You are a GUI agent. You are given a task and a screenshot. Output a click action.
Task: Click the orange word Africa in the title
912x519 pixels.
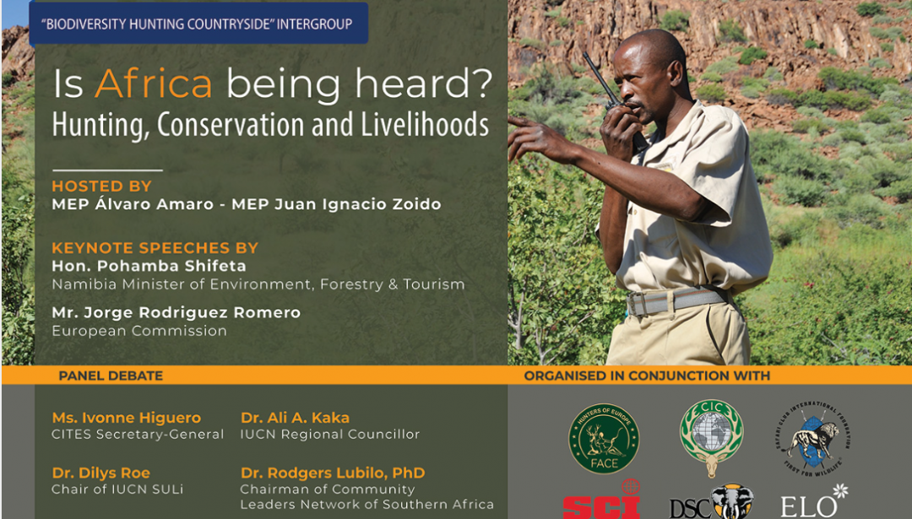(x=154, y=84)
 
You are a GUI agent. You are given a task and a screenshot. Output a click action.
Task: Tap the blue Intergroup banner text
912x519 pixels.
(x=197, y=24)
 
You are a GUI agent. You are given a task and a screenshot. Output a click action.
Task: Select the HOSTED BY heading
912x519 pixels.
(x=102, y=186)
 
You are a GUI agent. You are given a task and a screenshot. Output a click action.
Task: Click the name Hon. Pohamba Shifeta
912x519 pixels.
(x=149, y=266)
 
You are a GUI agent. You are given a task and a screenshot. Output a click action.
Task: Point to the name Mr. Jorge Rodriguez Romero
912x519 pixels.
(x=176, y=312)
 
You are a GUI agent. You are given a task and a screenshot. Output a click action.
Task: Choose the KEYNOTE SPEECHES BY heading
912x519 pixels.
(x=155, y=247)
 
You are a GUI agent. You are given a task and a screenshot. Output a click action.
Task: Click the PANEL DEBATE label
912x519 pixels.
(x=111, y=376)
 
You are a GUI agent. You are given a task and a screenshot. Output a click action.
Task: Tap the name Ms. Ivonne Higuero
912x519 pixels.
(x=126, y=417)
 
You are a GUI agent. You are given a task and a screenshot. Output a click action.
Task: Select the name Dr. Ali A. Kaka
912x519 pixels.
(x=295, y=417)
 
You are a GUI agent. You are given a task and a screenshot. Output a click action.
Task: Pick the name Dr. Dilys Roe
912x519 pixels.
(x=100, y=473)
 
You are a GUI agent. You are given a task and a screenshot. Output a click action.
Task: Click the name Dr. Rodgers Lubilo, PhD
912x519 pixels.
(x=333, y=473)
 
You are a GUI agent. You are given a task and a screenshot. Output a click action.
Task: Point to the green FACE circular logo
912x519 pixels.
(x=604, y=439)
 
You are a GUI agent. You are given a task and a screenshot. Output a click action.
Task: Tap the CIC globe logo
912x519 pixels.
(x=711, y=437)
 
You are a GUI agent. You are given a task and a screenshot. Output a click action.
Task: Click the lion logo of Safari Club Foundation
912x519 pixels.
(x=812, y=437)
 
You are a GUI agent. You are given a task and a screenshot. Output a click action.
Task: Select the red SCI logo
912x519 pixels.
(x=601, y=501)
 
